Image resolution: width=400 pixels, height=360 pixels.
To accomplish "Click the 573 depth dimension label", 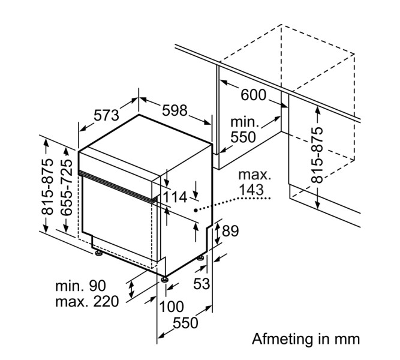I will (x=107, y=115).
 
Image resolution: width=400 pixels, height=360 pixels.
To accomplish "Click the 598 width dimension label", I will (x=175, y=110).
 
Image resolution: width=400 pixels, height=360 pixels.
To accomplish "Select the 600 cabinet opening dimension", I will (x=253, y=95).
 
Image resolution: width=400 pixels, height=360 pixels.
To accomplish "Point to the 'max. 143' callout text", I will (x=255, y=183).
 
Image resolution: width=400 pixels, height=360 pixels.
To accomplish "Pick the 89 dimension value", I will (x=231, y=231).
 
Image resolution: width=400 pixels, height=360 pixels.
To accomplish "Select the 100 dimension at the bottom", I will (x=172, y=307).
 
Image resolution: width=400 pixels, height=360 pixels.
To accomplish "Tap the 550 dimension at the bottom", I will (x=185, y=323).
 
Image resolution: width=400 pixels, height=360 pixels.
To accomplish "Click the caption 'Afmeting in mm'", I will (x=306, y=339).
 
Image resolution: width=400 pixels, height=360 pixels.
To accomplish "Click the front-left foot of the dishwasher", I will (x=98, y=256).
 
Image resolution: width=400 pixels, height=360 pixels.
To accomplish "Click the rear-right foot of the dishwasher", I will (x=200, y=259).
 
